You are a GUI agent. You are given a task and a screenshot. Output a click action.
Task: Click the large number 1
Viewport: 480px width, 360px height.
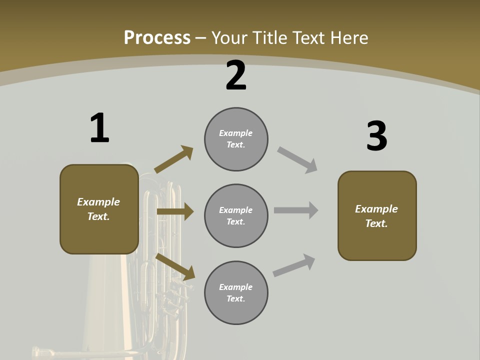coord(99,128)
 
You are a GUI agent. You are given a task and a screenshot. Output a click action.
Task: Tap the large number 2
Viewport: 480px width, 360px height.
coord(236,75)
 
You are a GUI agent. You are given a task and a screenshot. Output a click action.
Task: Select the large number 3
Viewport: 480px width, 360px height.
coord(377,136)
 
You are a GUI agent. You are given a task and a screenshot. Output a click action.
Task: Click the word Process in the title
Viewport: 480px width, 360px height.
coord(157,37)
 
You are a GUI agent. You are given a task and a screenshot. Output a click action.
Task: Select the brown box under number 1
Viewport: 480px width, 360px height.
coord(99,209)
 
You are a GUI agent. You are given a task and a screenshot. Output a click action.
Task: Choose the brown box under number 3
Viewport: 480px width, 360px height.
coord(377,216)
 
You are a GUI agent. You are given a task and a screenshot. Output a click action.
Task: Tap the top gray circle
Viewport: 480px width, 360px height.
coord(236,139)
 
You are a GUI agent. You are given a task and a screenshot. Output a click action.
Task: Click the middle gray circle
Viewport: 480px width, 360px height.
coord(236,216)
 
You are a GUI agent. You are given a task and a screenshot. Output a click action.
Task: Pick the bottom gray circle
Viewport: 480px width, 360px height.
coord(236,293)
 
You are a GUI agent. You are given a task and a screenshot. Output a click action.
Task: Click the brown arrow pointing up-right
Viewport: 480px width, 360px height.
coord(174,159)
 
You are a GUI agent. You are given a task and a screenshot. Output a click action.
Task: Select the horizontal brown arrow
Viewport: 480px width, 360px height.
coord(175,211)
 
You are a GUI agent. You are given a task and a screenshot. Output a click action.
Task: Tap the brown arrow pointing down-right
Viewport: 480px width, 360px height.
coord(175,266)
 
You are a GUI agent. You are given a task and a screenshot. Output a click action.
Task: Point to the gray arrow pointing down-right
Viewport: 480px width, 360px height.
coord(297,160)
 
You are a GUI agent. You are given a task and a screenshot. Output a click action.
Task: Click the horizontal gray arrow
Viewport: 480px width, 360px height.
coord(296,210)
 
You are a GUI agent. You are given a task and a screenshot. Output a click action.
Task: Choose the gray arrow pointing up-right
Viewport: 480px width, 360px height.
coord(294,265)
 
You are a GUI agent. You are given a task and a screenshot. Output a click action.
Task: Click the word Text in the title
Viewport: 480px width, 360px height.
coord(308,37)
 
